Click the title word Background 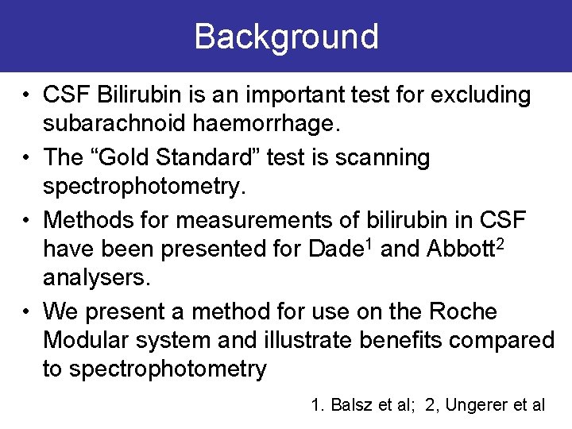point(286,37)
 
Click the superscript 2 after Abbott point(500,243)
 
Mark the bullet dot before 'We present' point(27,311)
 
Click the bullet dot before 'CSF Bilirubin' point(27,95)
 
